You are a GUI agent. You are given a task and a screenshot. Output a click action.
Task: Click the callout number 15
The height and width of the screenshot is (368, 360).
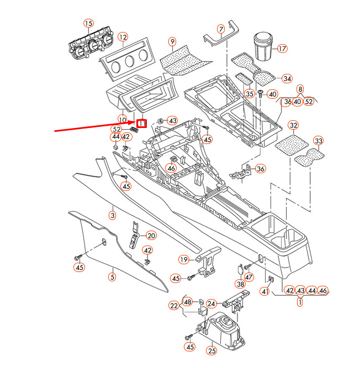pos(88,23)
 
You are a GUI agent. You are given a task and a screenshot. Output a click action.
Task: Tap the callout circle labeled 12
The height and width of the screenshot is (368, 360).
pos(123,37)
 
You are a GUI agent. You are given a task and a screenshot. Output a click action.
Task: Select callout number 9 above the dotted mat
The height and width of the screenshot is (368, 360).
pos(172,41)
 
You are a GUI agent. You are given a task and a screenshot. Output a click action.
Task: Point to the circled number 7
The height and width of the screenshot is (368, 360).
pos(221,29)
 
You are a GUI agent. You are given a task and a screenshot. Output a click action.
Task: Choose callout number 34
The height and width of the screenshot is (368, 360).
pos(287,78)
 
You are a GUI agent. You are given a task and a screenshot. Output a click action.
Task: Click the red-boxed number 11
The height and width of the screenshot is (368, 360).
pos(142,124)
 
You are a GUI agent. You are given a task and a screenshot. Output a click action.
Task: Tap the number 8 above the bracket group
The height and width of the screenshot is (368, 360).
pos(300,88)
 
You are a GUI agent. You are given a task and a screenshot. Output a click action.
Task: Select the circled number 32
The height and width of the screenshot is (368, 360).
pos(293,126)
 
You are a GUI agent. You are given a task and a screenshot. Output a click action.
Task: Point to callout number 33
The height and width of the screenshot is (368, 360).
pos(318,141)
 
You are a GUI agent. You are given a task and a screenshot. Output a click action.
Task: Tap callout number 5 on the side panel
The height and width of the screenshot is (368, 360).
pos(112,277)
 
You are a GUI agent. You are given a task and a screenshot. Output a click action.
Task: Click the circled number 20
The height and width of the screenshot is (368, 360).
pos(151,236)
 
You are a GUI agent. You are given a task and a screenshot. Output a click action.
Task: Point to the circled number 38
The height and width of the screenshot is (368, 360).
pos(240,284)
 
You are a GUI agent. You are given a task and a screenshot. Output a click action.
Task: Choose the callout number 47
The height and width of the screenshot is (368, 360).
pos(249,277)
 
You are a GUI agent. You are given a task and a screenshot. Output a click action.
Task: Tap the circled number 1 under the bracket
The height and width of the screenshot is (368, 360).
pos(300,302)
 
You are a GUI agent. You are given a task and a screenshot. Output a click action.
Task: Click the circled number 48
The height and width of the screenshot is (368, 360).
pos(188,302)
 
